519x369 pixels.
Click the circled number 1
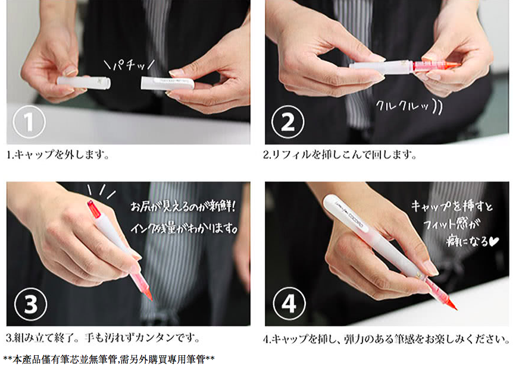tap(29, 122)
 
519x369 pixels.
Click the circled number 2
tap(287, 122)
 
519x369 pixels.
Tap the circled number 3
tap(30, 304)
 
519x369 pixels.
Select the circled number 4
tap(289, 303)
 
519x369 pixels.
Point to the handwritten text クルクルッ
tap(409, 106)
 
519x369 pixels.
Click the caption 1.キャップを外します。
tap(58, 154)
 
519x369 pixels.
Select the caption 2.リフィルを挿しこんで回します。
tap(340, 154)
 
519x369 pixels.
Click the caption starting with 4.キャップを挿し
tap(386, 339)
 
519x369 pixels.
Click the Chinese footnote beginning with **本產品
tap(109, 359)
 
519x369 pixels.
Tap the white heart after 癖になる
tap(494, 242)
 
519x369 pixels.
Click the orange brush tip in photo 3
tap(148, 294)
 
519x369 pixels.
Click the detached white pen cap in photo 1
tap(167, 83)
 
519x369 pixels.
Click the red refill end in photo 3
tap(93, 209)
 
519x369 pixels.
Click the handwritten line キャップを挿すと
tap(452, 206)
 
